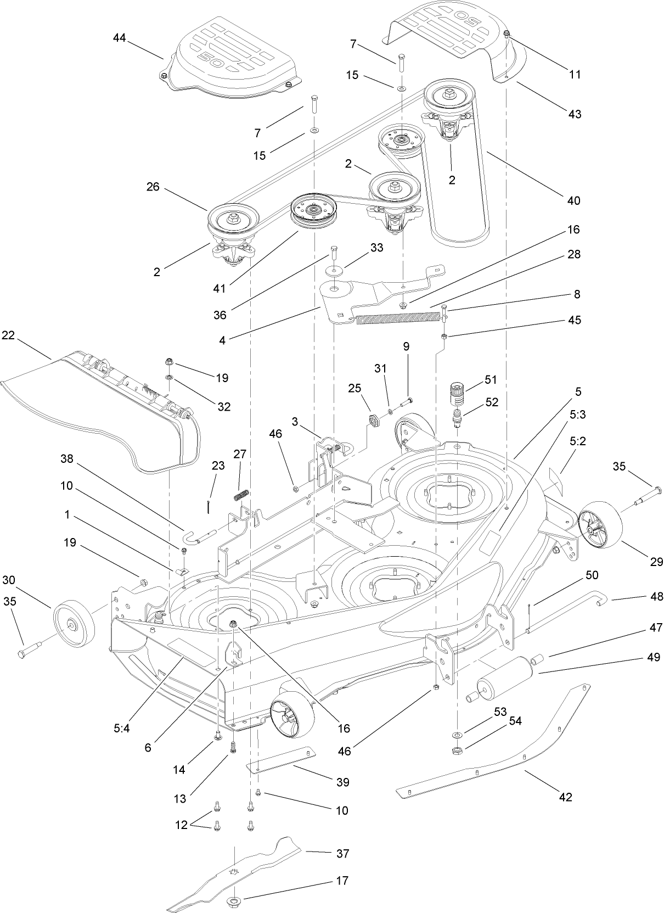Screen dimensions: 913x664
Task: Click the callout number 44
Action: [x=119, y=38]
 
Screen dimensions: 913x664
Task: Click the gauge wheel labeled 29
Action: [x=600, y=528]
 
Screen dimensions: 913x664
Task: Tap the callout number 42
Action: [x=565, y=797]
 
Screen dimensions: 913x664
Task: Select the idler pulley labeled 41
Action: [x=312, y=215]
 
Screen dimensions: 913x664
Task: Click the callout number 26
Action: [x=153, y=187]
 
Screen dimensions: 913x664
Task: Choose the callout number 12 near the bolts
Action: [x=182, y=824]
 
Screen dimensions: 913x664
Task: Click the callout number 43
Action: [x=574, y=114]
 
